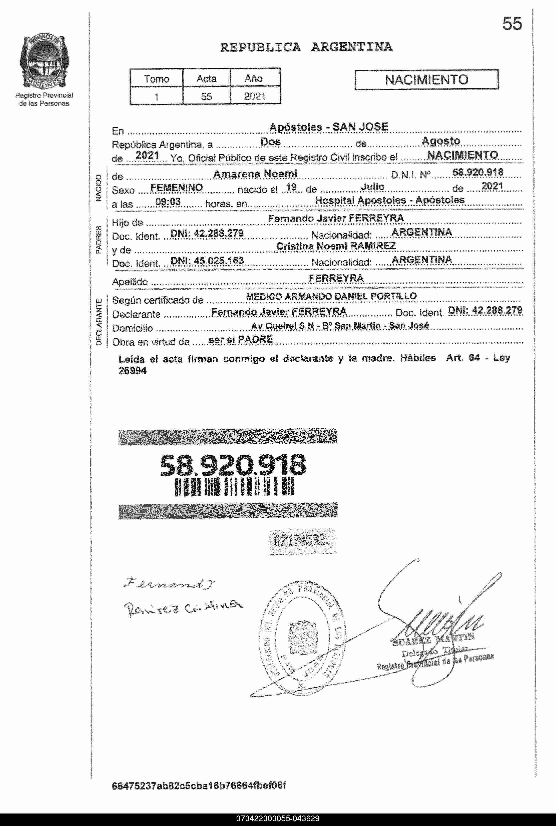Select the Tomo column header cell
pyautogui.click(x=156, y=78)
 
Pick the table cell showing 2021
pyautogui.click(x=255, y=96)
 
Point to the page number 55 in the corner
pyautogui.click(x=512, y=24)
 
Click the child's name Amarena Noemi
pyautogui.click(x=255, y=174)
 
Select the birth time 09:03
pyautogui.click(x=168, y=202)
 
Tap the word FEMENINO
pyautogui.click(x=177, y=188)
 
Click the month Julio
pyautogui.click(x=373, y=187)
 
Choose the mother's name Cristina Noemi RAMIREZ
pyautogui.click(x=336, y=246)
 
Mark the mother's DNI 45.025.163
pyautogui.click(x=207, y=261)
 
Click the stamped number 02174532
pyautogui.click(x=300, y=540)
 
